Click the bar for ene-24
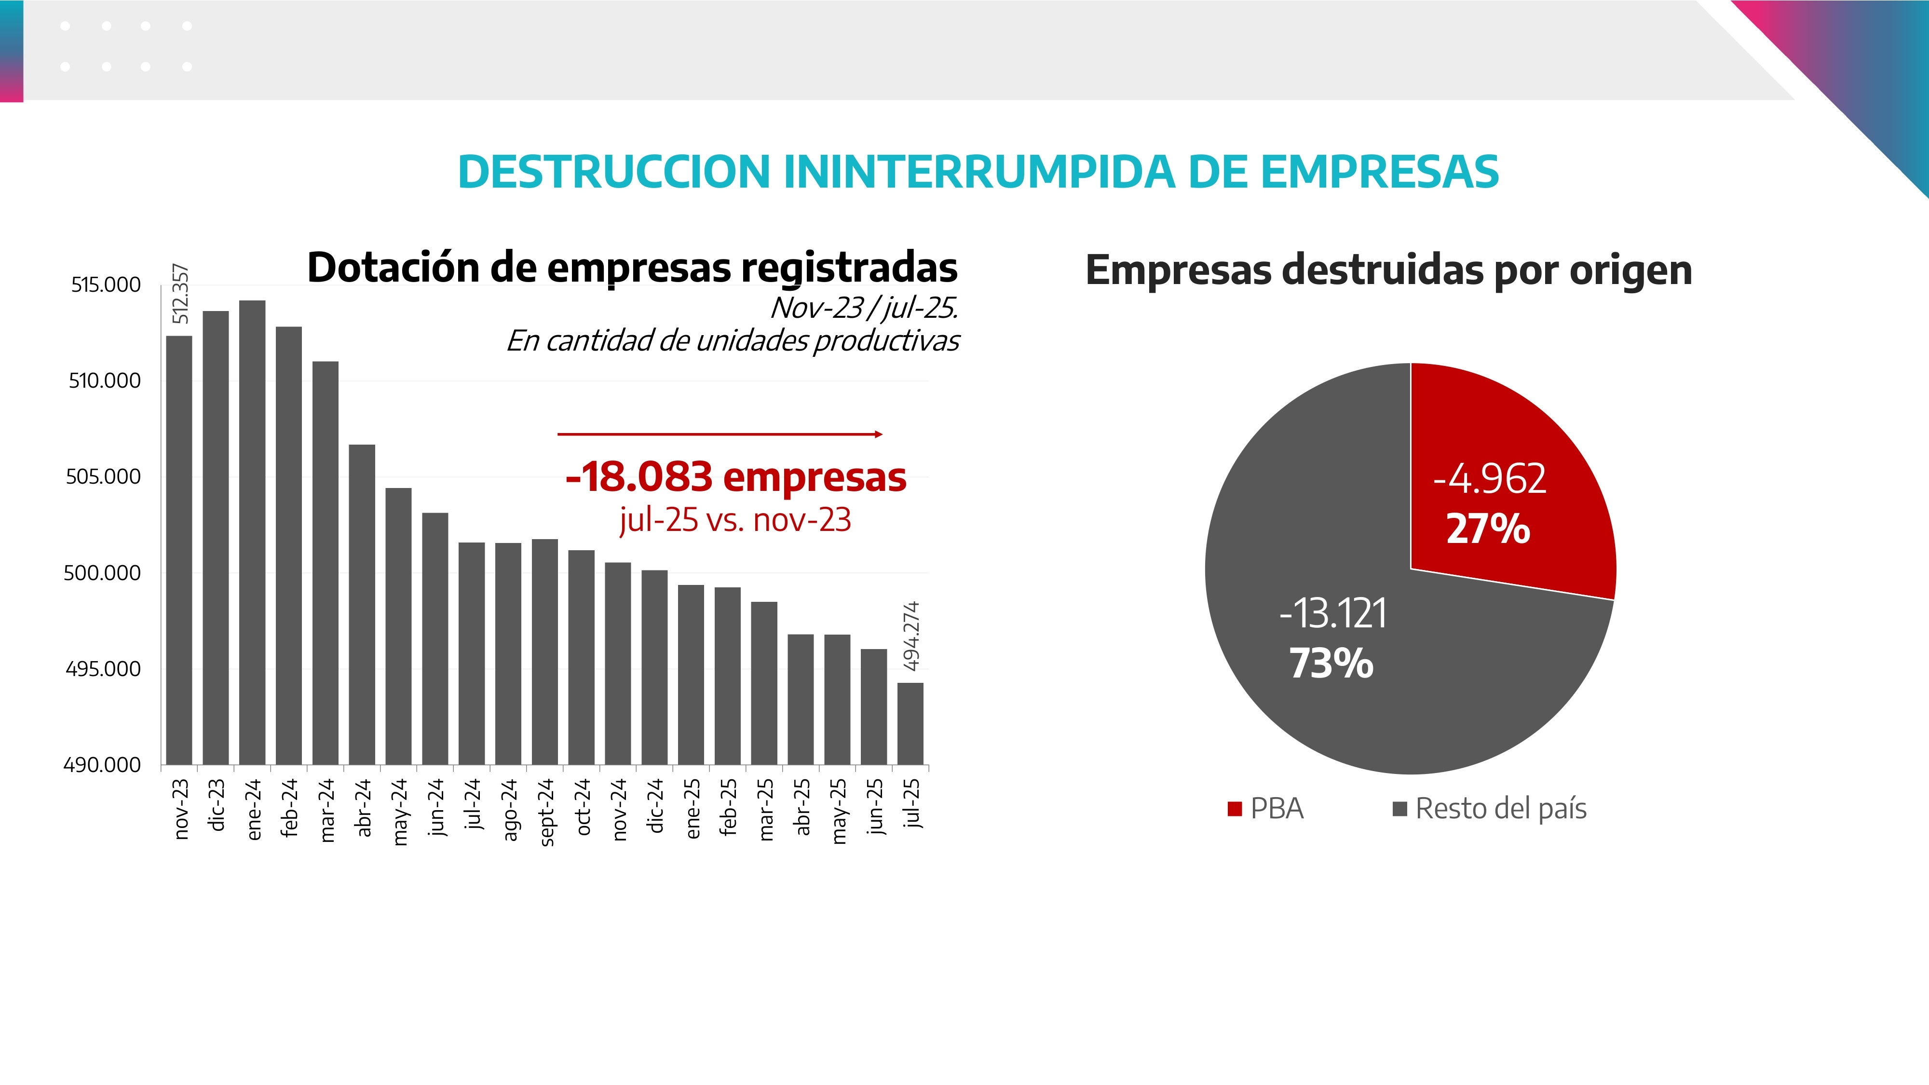point(252,531)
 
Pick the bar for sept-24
point(544,651)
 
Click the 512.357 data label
point(180,294)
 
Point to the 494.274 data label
point(910,636)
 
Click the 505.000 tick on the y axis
point(103,477)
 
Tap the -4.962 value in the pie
point(1490,479)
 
